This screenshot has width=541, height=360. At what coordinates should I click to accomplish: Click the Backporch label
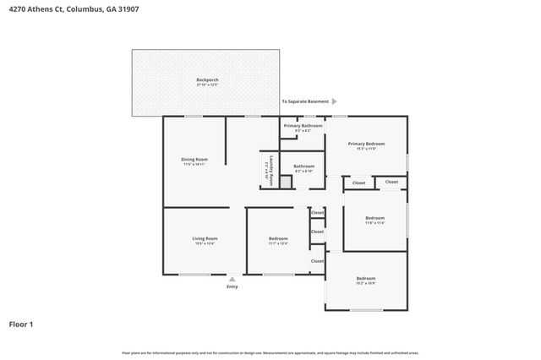pos(207,79)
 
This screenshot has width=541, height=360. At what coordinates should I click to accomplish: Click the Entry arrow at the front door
pos(232,278)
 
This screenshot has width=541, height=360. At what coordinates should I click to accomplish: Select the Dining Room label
pos(194,159)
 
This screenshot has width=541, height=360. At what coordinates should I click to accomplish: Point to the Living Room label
pos(205,238)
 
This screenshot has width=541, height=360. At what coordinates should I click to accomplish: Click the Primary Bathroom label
pos(303,125)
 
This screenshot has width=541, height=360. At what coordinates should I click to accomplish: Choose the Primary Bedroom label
pos(366,144)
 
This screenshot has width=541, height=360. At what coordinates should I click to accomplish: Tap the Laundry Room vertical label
pos(265,170)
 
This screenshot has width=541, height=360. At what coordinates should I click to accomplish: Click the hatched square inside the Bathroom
pos(287,181)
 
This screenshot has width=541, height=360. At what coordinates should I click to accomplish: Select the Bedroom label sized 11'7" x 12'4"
pos(278,238)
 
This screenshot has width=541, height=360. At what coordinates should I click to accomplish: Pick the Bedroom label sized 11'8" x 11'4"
pos(374,218)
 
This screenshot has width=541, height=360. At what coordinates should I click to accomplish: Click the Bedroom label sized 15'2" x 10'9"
pos(365,278)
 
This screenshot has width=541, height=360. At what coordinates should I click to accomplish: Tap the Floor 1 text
pos(21,324)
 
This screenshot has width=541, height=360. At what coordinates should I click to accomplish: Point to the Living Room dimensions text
pos(205,243)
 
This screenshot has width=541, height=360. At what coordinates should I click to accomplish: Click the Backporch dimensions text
pos(207,85)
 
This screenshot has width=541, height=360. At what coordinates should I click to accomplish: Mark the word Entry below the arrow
pos(232,286)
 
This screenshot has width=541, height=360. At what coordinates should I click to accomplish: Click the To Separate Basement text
pos(305,101)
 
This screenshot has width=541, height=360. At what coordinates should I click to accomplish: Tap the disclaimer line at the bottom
pos(270,352)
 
